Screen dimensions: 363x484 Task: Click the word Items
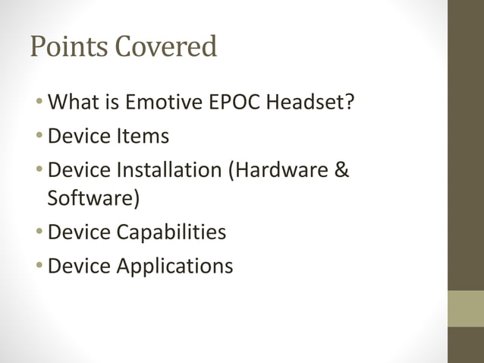coord(143,137)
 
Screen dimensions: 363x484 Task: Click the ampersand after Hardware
coord(341,172)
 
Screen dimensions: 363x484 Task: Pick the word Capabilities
coord(171,232)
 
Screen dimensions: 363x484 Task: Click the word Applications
coord(174,266)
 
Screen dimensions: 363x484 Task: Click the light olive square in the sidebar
coord(465,308)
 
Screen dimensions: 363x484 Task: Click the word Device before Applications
coord(79,266)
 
